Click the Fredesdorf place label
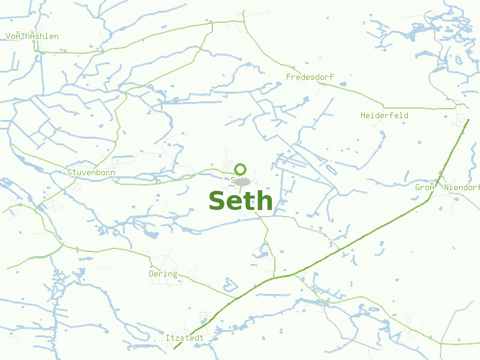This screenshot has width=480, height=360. coord(310,77)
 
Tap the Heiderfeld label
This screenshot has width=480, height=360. coord(385,115)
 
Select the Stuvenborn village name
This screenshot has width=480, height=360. coord(91,173)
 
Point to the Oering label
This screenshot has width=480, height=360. coord(163,274)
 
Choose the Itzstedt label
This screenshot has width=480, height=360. coord(185,338)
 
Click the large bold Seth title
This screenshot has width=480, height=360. coord(241,201)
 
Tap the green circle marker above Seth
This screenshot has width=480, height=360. coord(241,169)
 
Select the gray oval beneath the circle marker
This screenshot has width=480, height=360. coord(241,181)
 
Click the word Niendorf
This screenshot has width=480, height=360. coord(463,188)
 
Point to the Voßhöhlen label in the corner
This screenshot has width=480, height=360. coord(32,37)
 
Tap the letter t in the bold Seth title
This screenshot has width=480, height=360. coord(248,201)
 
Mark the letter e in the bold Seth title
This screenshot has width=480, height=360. coord(235,203)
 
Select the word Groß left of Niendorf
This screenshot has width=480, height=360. coord(424,188)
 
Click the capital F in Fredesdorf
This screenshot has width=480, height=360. coord(289,77)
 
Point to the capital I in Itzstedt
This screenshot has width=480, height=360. coord(168,338)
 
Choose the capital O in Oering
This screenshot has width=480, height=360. coord(151,274)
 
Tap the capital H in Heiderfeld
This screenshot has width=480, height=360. coord(363,115)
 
